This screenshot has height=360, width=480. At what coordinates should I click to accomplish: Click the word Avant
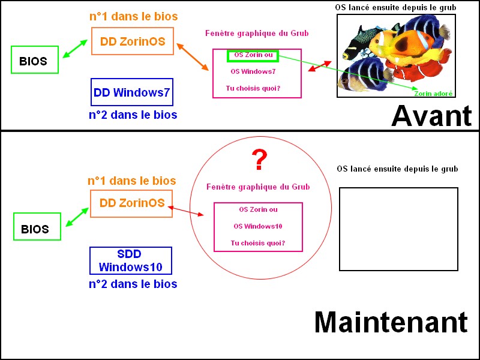tap(431, 116)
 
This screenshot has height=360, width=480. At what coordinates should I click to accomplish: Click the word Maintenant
tap(391, 322)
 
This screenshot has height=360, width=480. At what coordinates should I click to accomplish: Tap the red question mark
tap(259, 160)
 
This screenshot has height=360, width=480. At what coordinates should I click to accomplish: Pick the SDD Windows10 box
tap(131, 260)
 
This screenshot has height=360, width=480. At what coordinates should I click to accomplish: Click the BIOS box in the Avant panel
tap(35, 61)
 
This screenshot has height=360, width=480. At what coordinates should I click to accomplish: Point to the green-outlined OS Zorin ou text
tap(252, 55)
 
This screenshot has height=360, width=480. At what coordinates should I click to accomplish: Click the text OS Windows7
tap(253, 71)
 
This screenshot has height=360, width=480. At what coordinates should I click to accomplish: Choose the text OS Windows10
tap(258, 226)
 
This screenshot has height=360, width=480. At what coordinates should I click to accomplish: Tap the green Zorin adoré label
tap(433, 94)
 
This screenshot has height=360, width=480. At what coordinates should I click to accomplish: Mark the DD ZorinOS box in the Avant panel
tap(133, 42)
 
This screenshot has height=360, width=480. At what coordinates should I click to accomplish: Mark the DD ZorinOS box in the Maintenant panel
tap(132, 203)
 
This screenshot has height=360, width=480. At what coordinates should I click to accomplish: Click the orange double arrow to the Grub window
tap(192, 56)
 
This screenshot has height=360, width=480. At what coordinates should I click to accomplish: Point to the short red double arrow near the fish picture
tap(319, 66)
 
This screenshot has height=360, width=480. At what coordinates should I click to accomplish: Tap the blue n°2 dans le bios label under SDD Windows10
tap(133, 284)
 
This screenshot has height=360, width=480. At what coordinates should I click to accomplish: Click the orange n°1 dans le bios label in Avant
tap(133, 16)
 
